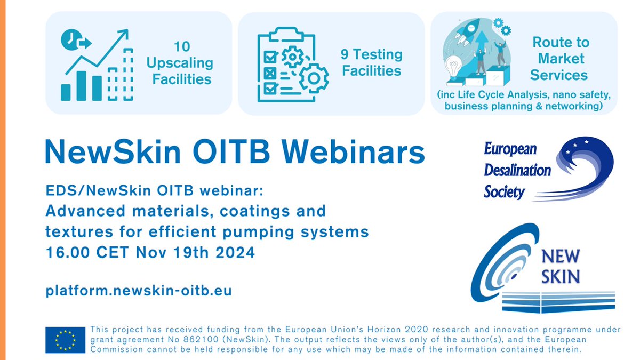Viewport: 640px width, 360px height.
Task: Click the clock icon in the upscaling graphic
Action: tap(68, 40)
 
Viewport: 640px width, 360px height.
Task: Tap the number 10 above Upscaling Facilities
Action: tap(181, 46)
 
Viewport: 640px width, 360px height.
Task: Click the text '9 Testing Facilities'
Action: tap(372, 62)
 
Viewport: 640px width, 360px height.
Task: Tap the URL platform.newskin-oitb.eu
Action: tap(139, 291)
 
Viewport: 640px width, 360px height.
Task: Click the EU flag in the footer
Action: tap(65, 340)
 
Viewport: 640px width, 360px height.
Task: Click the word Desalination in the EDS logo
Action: tap(517, 170)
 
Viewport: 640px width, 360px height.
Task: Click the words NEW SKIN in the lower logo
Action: tap(560, 266)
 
